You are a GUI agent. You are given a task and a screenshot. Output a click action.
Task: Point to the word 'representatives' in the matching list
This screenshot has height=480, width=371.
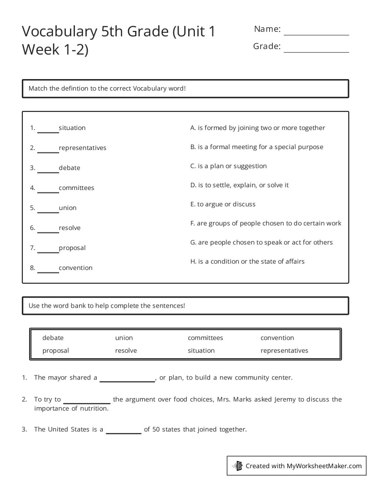click(x=82, y=148)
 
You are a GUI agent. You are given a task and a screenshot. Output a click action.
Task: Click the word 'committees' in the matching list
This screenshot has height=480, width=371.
click(x=76, y=188)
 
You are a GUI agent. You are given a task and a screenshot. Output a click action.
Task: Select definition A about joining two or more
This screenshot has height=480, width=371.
click(x=257, y=128)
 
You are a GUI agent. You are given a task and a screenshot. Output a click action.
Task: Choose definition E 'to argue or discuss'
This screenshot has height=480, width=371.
click(x=223, y=204)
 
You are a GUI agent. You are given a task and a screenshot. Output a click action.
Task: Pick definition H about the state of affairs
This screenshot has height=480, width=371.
click(x=247, y=261)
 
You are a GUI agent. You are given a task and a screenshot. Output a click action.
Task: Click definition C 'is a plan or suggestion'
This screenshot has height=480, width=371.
click(x=228, y=166)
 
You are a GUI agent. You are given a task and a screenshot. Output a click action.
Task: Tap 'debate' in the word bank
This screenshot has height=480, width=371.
click(x=53, y=338)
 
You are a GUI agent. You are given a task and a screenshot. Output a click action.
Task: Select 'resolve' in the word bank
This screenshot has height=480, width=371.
click(x=126, y=350)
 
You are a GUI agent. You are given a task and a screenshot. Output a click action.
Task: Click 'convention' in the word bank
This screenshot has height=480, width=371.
click(x=277, y=338)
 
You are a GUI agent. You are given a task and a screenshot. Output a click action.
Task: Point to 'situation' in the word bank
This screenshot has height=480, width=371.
click(x=201, y=350)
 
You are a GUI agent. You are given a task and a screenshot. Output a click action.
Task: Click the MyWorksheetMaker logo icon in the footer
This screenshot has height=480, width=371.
click(x=237, y=465)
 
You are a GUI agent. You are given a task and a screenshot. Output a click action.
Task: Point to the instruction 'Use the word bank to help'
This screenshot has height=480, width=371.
click(x=107, y=305)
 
